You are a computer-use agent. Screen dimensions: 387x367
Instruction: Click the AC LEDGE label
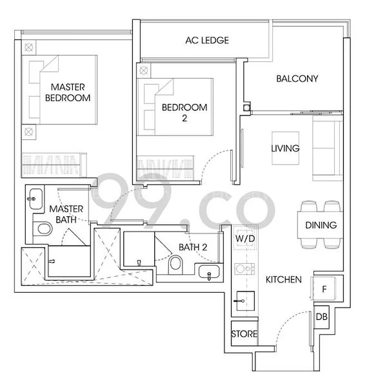[x=206, y=41]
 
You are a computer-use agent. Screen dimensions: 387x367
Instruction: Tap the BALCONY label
[x=297, y=79]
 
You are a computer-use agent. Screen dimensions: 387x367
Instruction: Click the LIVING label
[x=285, y=148]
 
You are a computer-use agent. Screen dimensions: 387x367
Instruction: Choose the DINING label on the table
[x=321, y=225]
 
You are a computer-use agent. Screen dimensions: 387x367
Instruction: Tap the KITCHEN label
[x=284, y=279]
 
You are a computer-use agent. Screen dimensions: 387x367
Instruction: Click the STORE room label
[x=244, y=334]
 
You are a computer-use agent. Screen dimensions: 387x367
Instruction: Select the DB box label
[x=321, y=317]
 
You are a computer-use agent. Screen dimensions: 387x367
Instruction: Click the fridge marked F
[x=324, y=288]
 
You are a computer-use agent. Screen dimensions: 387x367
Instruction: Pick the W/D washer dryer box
[x=244, y=239]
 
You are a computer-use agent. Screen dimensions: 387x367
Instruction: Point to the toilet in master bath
[x=45, y=228]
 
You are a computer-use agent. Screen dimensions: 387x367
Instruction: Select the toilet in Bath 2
[x=175, y=264]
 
